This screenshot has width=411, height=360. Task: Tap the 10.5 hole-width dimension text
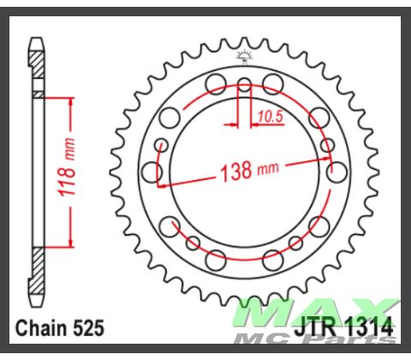click(263, 114)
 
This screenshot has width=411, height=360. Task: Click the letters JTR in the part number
click(319, 327)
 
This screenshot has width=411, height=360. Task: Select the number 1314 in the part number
click(369, 327)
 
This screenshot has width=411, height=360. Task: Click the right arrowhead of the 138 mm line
click(328, 157)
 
